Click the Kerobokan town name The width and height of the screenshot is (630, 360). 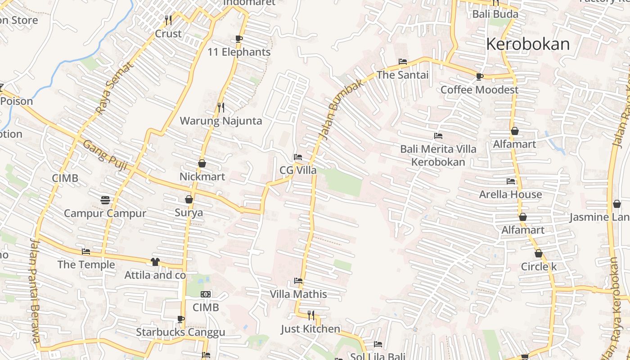pos(528,44)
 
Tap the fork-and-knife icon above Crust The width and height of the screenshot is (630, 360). pos(168,20)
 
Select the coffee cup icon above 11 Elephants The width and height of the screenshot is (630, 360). pos(239,39)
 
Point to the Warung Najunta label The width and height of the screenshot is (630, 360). pos(221,121)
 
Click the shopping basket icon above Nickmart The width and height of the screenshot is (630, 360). pos(202,163)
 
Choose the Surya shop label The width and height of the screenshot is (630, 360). pos(189,212)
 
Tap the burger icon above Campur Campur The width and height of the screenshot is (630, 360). pos(105,200)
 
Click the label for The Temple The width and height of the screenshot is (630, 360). pos(86,264)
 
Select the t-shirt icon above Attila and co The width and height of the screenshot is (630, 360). pos(155,262)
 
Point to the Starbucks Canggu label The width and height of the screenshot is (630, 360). pos(180,333)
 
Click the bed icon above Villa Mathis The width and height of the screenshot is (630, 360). pos(298,281)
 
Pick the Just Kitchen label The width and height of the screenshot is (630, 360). pos(310,329)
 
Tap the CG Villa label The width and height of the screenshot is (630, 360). pos(298,170)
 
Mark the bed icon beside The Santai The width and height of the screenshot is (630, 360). pos(403,62)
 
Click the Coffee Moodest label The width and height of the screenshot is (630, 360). pos(479,90)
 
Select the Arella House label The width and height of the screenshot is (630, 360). pos(510,194)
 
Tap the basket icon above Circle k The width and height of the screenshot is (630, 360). pos(539,253)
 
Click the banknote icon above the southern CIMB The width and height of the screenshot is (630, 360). pos(206,294)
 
